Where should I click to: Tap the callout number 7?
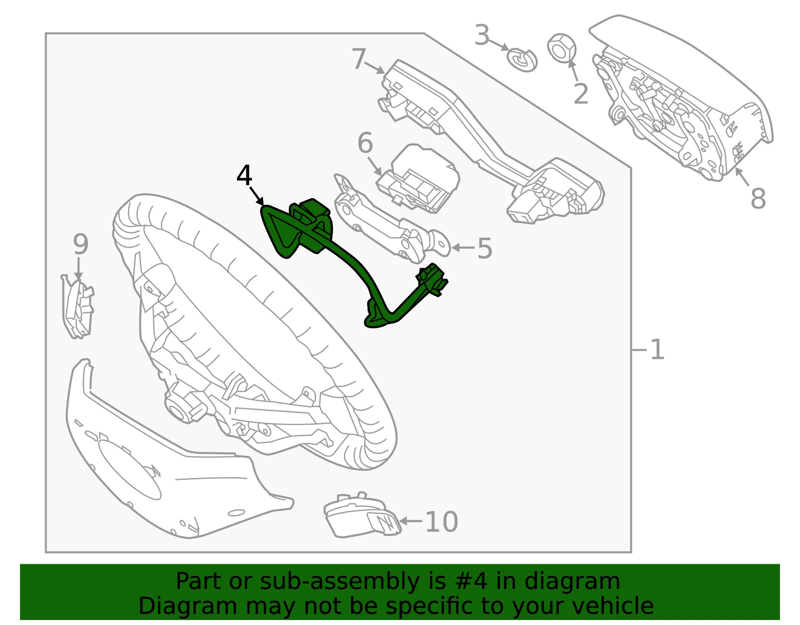click(359, 59)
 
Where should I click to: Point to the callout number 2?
click(581, 94)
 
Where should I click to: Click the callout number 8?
click(758, 198)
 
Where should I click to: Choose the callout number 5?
click(484, 248)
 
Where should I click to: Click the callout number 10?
click(441, 521)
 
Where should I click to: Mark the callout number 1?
click(657, 349)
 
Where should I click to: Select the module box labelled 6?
click(418, 179)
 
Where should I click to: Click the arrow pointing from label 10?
click(411, 521)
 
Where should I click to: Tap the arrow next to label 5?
click(463, 248)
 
